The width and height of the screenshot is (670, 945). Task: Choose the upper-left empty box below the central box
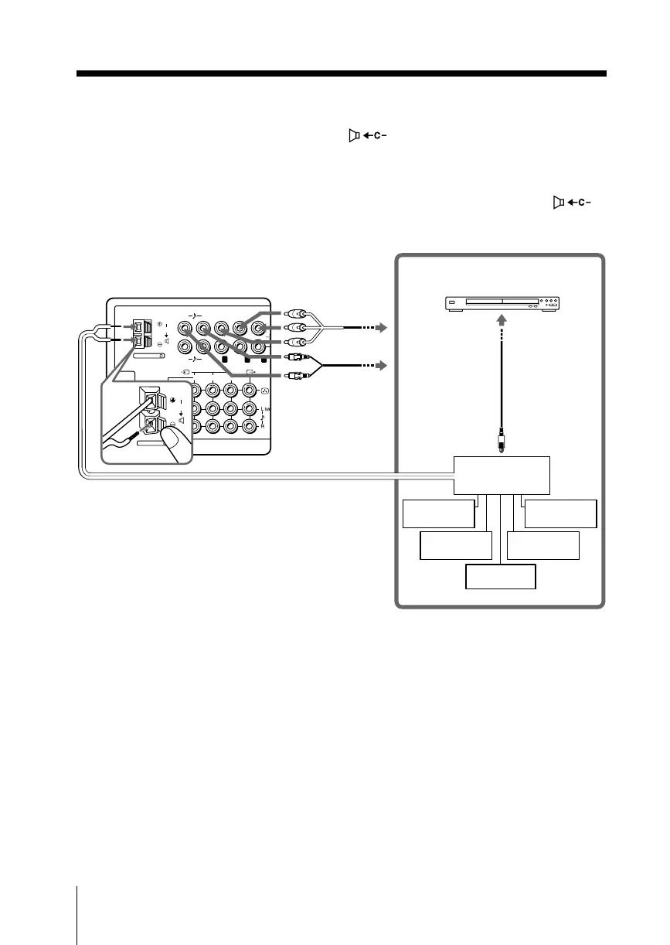pyautogui.click(x=439, y=514)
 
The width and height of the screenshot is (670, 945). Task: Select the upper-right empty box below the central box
pyautogui.click(x=561, y=514)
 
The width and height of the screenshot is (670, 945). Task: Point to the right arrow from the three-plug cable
pyautogui.click(x=380, y=329)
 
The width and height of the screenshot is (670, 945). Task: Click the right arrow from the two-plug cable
pyautogui.click(x=380, y=364)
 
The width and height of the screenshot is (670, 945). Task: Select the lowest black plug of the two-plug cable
pyautogui.click(x=294, y=377)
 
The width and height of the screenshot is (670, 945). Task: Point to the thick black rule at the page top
pyautogui.click(x=341, y=74)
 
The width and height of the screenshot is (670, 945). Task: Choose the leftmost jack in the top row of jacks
pyautogui.click(x=186, y=327)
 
